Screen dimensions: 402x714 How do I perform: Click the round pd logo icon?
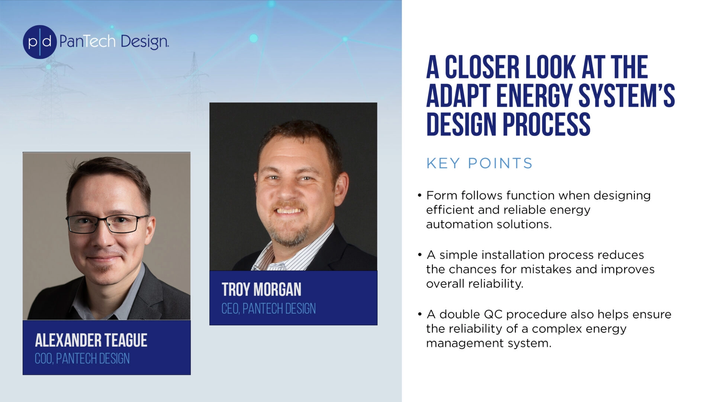[40, 42]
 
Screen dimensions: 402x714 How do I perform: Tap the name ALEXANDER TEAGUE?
[91, 340]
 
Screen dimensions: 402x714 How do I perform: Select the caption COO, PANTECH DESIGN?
[82, 359]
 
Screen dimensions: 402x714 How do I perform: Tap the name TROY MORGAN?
[261, 290]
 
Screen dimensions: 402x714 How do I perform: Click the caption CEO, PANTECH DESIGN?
[268, 309]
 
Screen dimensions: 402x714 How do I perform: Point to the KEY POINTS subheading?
[479, 163]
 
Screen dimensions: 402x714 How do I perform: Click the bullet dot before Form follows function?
[419, 195]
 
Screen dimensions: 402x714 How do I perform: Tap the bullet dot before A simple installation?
[419, 255]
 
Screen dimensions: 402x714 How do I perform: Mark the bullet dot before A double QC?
[419, 315]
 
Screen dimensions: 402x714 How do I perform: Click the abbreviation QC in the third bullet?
[493, 315]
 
